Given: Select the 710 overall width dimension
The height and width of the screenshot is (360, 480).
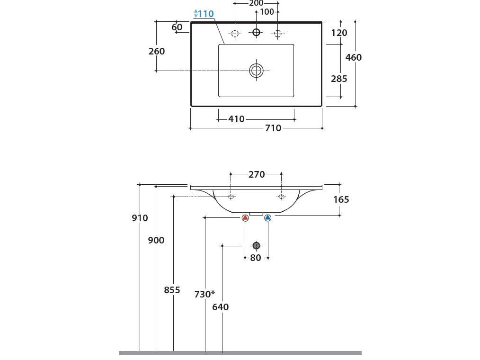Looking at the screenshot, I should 273,128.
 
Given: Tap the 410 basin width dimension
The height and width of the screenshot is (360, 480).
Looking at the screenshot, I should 236,119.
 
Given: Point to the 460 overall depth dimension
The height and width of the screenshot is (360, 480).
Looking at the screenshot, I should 353,57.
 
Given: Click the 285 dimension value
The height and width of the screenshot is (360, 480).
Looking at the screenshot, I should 339,79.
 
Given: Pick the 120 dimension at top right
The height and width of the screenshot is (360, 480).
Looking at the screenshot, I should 339,33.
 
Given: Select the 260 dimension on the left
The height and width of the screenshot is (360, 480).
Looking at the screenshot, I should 157,51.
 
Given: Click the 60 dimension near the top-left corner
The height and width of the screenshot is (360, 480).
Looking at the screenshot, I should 177,27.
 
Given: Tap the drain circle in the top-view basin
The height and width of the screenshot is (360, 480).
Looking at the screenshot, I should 256,71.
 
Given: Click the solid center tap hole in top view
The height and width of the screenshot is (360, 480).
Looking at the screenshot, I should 256,32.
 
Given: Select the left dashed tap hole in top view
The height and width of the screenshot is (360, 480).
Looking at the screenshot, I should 234,33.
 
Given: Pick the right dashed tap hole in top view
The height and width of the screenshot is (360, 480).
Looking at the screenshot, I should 278,33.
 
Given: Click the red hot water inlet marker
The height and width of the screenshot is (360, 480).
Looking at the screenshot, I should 245,218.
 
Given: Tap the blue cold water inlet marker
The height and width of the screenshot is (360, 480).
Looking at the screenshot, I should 267,218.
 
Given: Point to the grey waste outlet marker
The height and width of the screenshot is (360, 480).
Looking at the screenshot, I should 256,245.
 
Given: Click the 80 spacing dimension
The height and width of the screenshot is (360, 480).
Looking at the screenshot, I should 256,258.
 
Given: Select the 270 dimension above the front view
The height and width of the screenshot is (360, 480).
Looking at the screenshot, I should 257,174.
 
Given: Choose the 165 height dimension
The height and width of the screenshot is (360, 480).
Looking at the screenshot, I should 341,199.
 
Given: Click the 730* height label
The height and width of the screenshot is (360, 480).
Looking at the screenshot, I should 204,294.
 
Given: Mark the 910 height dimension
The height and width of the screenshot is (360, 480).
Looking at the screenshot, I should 140,218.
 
